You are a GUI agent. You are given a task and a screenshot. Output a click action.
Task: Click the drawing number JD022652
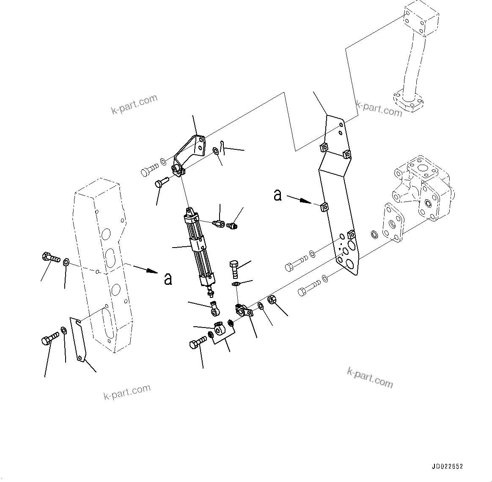[x=447, y=467]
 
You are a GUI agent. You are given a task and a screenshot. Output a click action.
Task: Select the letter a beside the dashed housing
[x=168, y=279]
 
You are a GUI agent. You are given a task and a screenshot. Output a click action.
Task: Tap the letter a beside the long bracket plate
[x=278, y=195]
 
